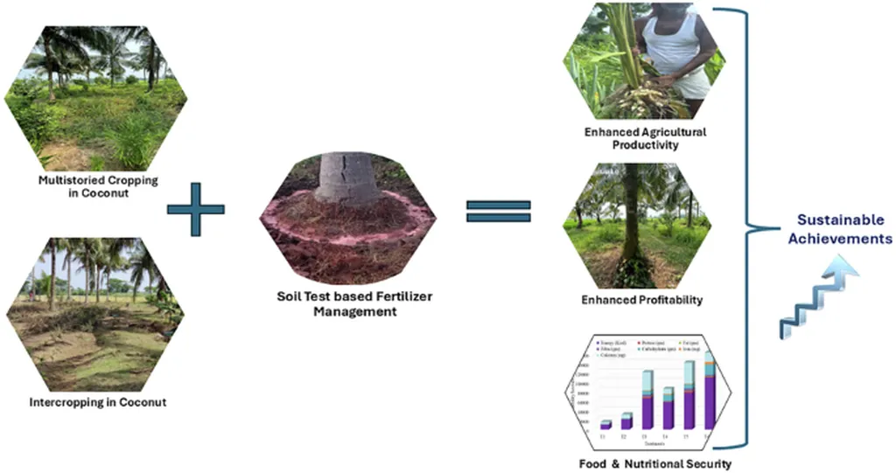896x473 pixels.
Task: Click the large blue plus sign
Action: [195, 208]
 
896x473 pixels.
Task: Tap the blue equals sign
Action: [498, 210]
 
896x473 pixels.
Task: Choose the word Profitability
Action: [666, 300]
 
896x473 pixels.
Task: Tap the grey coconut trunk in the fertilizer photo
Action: [348, 176]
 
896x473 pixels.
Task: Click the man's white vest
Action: [674, 48]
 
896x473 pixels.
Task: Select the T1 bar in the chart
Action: [605, 424]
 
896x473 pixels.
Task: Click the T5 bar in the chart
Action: [689, 395]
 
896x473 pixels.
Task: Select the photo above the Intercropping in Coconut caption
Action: [95, 314]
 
